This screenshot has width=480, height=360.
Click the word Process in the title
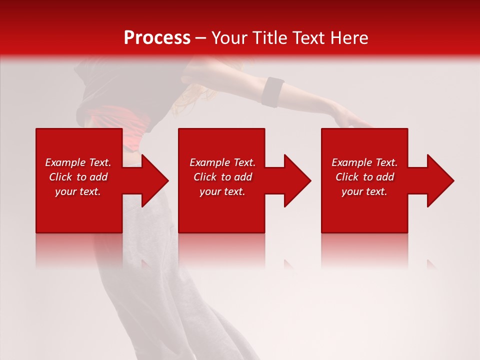coord(157,38)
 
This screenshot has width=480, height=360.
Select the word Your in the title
coord(230,38)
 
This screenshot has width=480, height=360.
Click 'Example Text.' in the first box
coord(78,162)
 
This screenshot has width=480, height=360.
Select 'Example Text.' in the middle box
coord(222,162)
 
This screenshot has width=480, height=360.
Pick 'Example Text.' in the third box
coord(364,162)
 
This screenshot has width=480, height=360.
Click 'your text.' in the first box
coord(78,191)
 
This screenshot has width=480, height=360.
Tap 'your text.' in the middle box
coord(222,191)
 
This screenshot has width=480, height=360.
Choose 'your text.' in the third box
coord(364,191)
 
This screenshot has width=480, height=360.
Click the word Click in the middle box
coord(205,177)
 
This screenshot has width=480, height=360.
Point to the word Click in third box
coord(347,177)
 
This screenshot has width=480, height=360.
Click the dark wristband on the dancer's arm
coord(273,92)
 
